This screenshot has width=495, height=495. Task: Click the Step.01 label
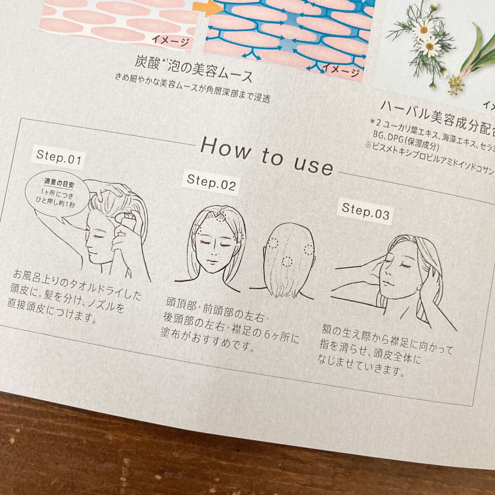[x=59, y=158]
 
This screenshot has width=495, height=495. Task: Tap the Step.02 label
[x=211, y=182]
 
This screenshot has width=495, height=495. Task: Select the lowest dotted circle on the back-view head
[x=287, y=261]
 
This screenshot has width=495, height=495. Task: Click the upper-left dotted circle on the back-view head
[x=273, y=243]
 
